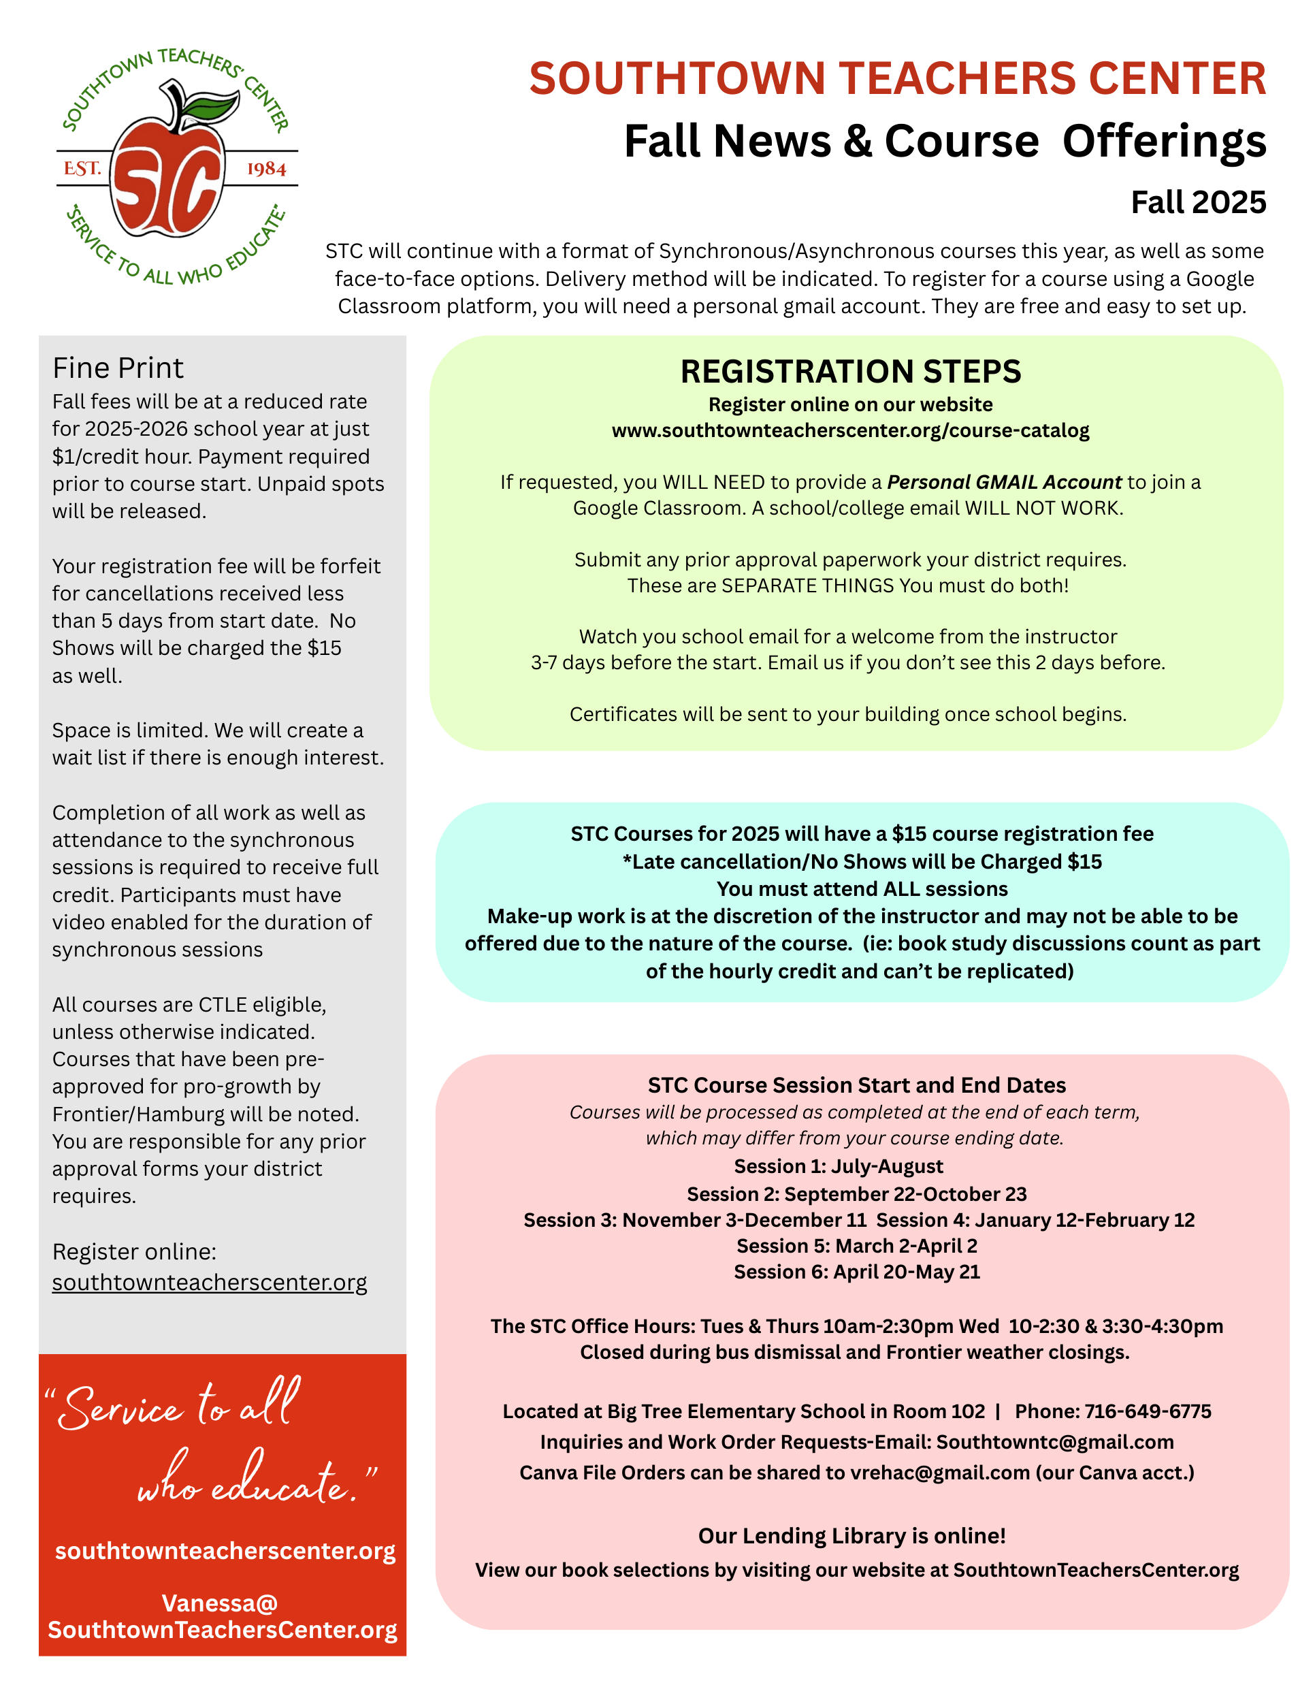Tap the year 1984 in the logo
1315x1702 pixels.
pos(266,169)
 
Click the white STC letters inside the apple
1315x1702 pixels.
pos(167,187)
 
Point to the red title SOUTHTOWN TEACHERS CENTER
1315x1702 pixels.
pos(898,79)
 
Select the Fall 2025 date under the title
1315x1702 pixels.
pos(1198,203)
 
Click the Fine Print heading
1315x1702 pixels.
pos(118,368)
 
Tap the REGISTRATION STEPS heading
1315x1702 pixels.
pos(851,372)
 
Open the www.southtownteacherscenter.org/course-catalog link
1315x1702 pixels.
pos(851,430)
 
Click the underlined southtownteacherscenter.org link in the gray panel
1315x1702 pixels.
pos(210,1282)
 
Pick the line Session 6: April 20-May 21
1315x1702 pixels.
pos(857,1272)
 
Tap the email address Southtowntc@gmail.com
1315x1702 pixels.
pos(1055,1442)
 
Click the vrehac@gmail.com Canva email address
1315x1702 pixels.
pos(939,1472)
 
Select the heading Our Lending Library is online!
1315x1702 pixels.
pos(851,1535)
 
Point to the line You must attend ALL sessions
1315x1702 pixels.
pos(862,888)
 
